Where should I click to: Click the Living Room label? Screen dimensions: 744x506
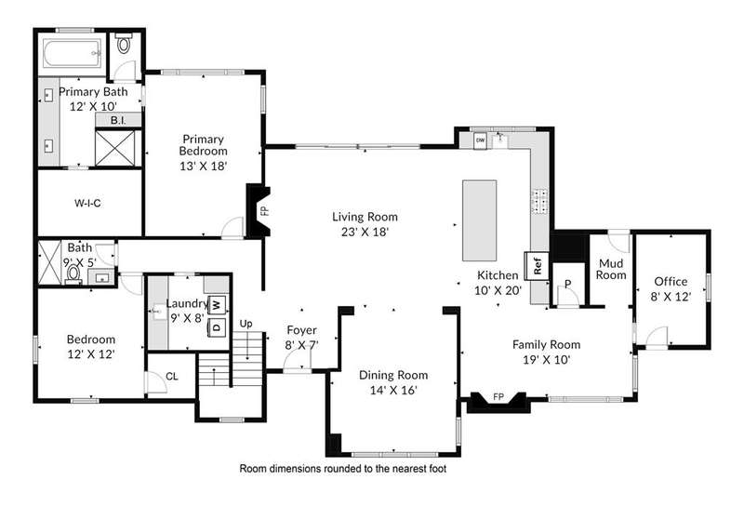[x=365, y=217]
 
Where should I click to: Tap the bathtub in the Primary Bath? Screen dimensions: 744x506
[x=73, y=53]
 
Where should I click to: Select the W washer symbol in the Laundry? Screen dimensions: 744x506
[x=218, y=304]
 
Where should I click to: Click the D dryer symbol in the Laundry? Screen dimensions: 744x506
[x=218, y=326]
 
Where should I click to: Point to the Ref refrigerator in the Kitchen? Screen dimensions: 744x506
[x=537, y=266]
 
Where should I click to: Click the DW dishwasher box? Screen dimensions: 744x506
[x=480, y=140]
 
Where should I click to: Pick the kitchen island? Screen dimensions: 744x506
[x=480, y=220]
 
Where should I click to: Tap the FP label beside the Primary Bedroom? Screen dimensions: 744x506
[x=265, y=210]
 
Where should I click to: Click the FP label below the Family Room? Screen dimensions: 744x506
[x=498, y=397]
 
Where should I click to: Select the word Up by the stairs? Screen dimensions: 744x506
[x=246, y=325]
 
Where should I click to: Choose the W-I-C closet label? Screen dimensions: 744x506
[x=87, y=203]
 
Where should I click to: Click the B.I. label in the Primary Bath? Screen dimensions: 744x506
[x=118, y=121]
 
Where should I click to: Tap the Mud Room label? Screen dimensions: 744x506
[x=611, y=269]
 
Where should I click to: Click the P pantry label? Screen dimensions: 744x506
[x=568, y=284]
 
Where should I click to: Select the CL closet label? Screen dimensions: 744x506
[x=172, y=377]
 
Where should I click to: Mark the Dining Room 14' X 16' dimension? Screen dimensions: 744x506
[x=393, y=390]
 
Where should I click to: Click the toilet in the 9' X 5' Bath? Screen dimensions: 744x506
[x=73, y=273]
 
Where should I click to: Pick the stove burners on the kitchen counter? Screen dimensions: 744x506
[x=539, y=202]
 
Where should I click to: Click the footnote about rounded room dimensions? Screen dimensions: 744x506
[x=342, y=469]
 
